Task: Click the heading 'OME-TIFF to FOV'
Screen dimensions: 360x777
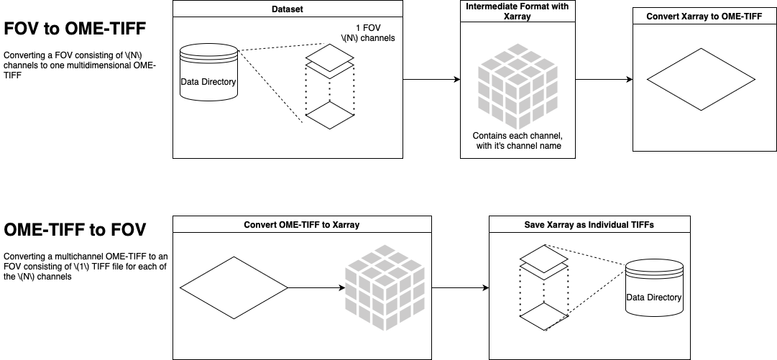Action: coord(75,230)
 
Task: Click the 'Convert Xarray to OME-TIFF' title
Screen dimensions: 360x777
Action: coord(704,17)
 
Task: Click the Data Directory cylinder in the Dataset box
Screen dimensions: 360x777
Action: coord(208,78)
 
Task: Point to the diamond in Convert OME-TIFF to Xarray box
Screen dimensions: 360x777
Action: coord(234,287)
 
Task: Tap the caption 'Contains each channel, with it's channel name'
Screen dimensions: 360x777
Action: coord(517,141)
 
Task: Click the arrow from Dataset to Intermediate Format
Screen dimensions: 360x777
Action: coord(431,79)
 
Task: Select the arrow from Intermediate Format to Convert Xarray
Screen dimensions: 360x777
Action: coord(604,79)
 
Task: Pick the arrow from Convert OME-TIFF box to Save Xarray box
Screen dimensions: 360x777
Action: coord(460,287)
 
